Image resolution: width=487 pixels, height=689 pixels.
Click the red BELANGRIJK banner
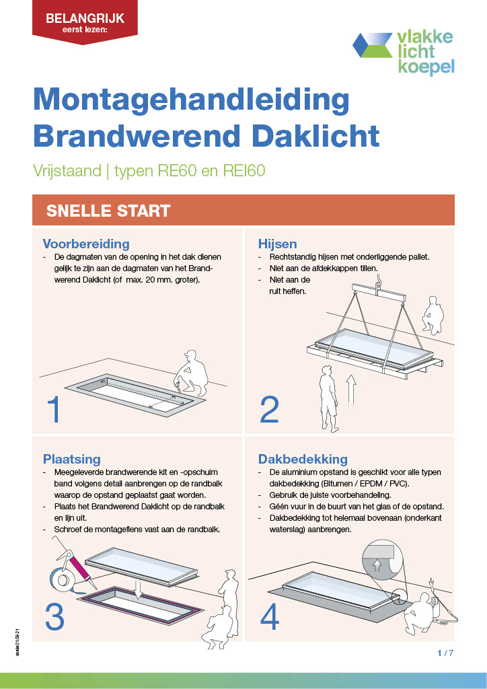[x=80, y=22]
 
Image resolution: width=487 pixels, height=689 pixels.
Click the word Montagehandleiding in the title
[x=191, y=100]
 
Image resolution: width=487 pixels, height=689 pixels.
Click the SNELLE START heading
[x=108, y=211]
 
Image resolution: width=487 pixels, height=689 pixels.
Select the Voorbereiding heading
[x=86, y=244]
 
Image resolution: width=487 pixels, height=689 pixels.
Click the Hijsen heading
[x=277, y=244]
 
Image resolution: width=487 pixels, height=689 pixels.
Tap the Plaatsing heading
[x=71, y=459]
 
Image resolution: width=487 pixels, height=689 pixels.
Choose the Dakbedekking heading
[x=303, y=459]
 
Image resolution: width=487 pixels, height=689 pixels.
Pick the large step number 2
[x=269, y=410]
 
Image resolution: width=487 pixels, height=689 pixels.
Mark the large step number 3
[x=55, y=616]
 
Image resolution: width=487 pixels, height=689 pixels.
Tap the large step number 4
[x=269, y=616]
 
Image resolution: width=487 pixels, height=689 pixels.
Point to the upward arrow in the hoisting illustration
[x=350, y=391]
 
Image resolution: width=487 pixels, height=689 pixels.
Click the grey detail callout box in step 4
[x=382, y=558]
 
